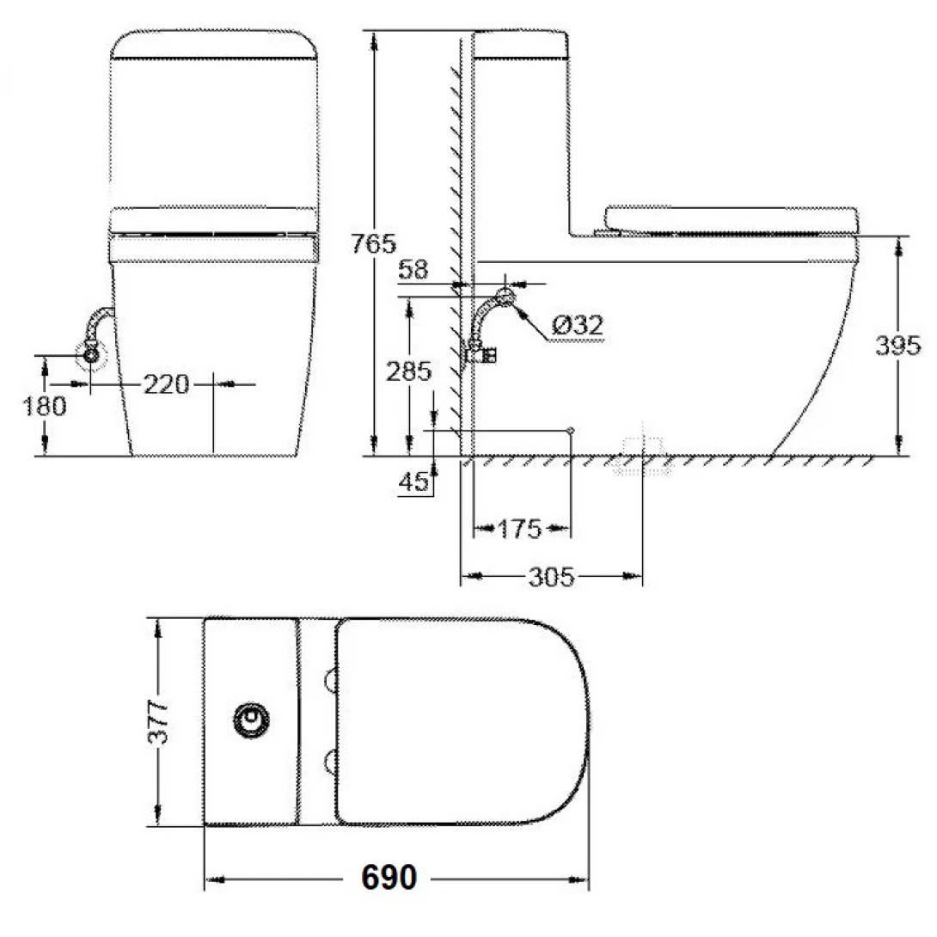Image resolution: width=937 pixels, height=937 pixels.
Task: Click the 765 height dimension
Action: coord(374,243)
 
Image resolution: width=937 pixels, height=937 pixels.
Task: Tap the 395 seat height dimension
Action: coord(898,346)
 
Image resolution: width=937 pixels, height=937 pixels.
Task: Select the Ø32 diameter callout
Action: coord(577,325)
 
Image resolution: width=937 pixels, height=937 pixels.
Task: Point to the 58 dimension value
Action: coord(414,270)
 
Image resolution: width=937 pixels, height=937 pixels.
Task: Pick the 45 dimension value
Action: coord(413,482)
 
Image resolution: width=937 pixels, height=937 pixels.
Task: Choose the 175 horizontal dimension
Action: coord(520,529)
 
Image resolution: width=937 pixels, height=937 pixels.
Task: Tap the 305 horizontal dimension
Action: coord(550,577)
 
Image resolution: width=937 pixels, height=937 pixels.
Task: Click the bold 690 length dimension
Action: coord(389,878)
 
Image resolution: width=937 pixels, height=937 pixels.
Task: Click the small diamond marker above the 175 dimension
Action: coord(570,428)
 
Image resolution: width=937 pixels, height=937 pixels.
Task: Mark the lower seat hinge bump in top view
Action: coord(330,758)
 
